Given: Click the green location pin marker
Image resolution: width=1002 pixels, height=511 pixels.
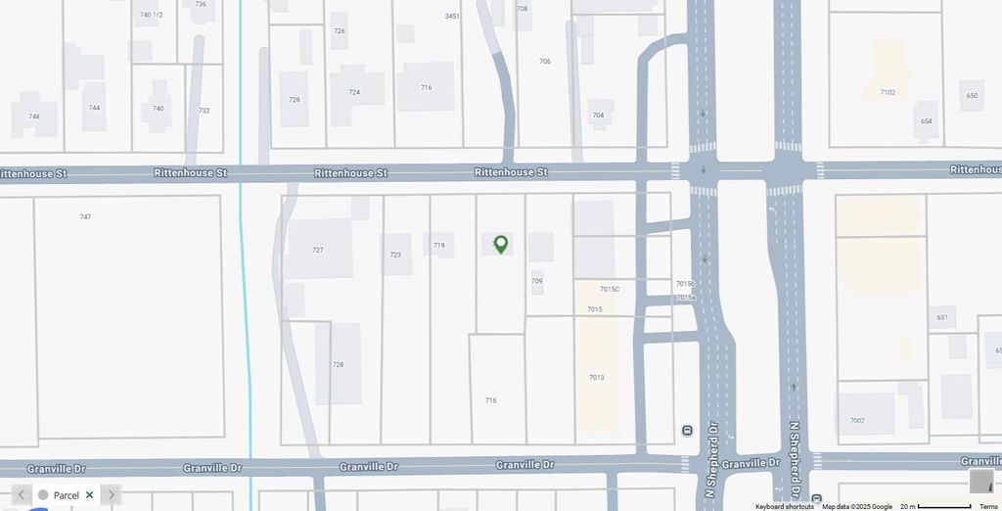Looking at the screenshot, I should [x=501, y=244].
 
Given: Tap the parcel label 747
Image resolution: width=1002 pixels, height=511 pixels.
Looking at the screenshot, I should [x=85, y=216].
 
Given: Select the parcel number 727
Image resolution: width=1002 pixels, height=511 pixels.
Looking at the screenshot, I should [x=318, y=251].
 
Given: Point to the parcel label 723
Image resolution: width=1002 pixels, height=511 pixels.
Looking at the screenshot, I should [x=395, y=255].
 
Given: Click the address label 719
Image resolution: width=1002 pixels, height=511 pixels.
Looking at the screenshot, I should [x=439, y=246].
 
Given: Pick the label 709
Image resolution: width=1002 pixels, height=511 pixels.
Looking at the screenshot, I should [x=537, y=282].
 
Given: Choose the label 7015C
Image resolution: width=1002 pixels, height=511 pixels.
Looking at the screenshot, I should [x=610, y=290].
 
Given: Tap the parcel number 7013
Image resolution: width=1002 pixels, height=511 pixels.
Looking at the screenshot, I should [x=597, y=378].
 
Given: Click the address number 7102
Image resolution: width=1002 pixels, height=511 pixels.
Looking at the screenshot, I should [x=888, y=93].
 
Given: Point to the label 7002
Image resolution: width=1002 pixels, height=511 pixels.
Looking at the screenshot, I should [x=857, y=421].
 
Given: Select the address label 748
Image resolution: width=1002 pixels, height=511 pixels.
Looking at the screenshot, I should [x=34, y=116].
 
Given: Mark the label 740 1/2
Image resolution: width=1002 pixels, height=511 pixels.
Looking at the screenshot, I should [x=151, y=15].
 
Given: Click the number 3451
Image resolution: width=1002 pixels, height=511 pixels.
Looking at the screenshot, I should [x=451, y=17].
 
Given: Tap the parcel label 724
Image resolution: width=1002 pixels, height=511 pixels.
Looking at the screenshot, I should [x=354, y=93].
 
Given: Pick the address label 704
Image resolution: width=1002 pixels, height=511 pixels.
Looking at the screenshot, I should [x=598, y=116].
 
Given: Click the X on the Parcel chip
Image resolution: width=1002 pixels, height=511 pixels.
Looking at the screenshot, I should [x=89, y=495].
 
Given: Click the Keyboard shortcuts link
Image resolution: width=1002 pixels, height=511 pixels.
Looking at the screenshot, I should [x=785, y=506].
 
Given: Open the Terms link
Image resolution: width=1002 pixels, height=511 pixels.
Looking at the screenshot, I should [x=989, y=506].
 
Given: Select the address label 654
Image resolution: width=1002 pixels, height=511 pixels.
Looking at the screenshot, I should [x=926, y=120].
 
